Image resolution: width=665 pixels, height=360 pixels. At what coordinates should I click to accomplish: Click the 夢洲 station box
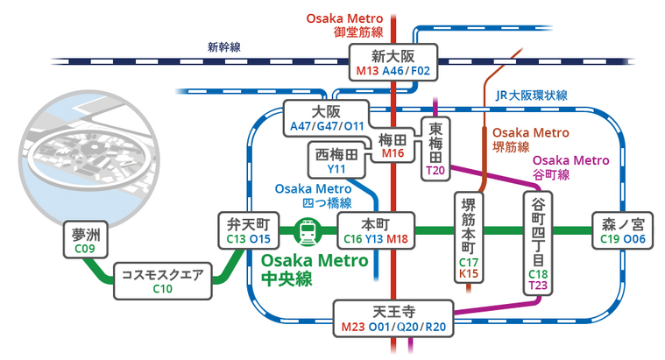tap(84, 239)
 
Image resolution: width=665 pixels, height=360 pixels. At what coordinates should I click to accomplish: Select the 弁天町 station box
tap(248, 229)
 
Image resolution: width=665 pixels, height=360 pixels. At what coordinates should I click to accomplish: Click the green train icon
tap(308, 231)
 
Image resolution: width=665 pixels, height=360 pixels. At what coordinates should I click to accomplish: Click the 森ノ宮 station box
tap(622, 229)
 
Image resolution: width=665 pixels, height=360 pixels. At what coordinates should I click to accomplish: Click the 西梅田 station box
tap(336, 160)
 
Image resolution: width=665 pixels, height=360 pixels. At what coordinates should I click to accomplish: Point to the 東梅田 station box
tap(436, 148)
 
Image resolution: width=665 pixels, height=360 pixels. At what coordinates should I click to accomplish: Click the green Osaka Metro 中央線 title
tap(310, 270)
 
